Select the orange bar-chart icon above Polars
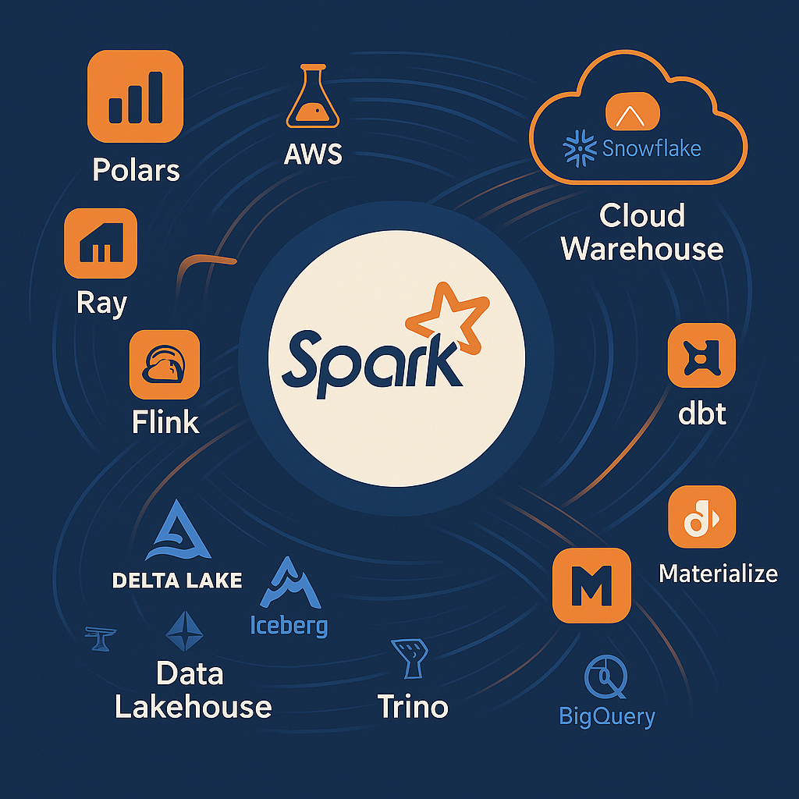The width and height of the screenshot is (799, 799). tap(136, 98)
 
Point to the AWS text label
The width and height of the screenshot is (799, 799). tap(312, 153)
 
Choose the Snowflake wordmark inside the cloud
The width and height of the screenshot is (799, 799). tap(652, 148)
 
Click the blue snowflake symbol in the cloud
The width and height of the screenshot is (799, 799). tap(579, 148)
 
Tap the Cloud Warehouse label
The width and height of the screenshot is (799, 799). tap(641, 233)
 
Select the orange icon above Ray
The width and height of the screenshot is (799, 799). tap(101, 243)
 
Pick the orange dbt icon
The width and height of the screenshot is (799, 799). tap(701, 355)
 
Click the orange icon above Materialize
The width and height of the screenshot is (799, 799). tap(701, 517)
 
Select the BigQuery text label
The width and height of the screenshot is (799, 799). tap(607, 715)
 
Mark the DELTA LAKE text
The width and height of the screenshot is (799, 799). tap(177, 580)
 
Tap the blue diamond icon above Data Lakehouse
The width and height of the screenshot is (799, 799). tap(185, 630)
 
